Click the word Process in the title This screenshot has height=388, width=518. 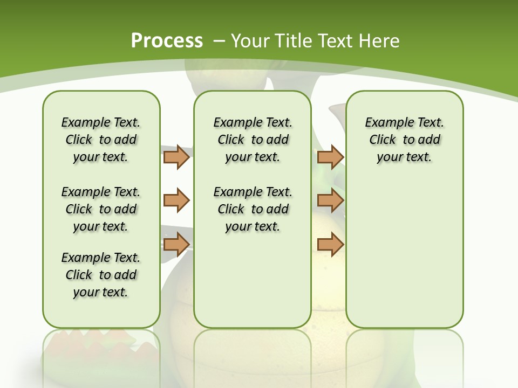[x=167, y=41]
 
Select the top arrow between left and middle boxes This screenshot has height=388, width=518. [x=176, y=157]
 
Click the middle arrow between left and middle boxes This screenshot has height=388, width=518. [x=176, y=200]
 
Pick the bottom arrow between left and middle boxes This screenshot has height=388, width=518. [x=176, y=244]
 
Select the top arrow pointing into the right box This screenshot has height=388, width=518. [x=330, y=157]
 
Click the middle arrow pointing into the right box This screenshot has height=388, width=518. [x=330, y=200]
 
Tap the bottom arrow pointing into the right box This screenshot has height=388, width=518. [x=330, y=244]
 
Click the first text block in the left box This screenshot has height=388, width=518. [x=101, y=140]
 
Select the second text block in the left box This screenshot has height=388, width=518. [x=101, y=209]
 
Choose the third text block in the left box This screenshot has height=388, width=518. [x=101, y=275]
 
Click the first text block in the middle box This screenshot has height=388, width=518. [x=253, y=140]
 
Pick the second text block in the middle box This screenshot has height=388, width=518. [x=253, y=209]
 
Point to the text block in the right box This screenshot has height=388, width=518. [x=404, y=140]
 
